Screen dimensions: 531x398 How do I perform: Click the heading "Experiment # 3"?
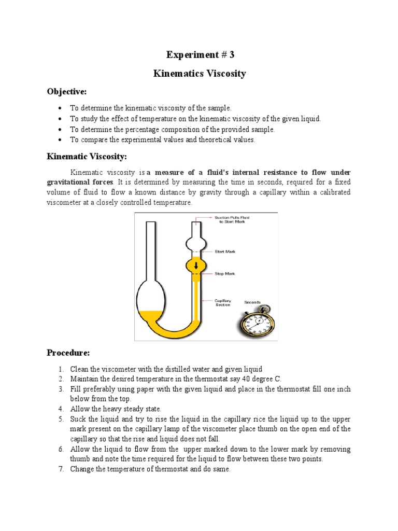200,55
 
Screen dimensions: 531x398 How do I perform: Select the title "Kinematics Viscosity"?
200,74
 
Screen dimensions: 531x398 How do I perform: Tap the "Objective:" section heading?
67,91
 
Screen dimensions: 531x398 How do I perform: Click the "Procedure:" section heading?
68,353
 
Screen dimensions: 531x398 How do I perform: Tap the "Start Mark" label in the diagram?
225,251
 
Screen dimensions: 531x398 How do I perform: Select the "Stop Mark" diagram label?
224,274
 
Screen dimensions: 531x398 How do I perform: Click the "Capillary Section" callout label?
224,302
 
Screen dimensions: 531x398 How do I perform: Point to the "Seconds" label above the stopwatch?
252,302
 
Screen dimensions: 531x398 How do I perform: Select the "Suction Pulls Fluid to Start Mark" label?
232,219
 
